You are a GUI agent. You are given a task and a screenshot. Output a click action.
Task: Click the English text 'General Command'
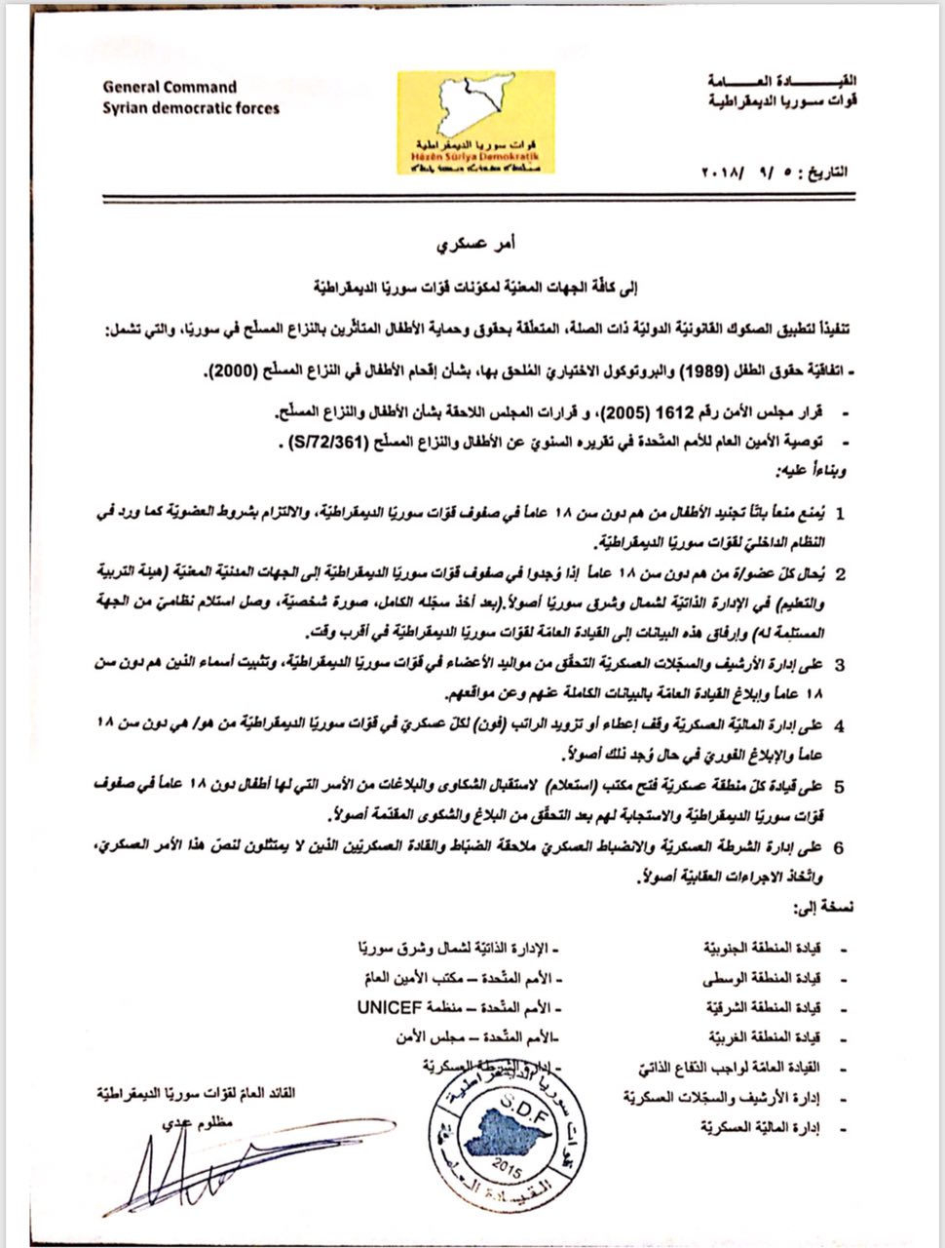(x=170, y=87)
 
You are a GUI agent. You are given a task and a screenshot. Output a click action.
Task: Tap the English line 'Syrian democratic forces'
(x=191, y=107)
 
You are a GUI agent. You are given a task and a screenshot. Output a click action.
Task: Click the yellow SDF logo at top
(x=475, y=122)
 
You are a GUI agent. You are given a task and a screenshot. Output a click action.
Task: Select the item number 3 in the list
(x=840, y=665)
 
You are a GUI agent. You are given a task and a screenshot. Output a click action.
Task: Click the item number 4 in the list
(x=840, y=725)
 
